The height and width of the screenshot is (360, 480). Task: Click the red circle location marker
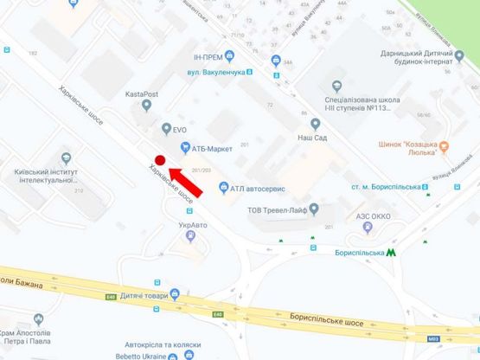pyautogui.click(x=159, y=159)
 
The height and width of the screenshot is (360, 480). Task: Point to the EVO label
pyautogui.click(x=179, y=129)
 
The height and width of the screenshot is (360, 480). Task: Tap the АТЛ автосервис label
pyautogui.click(x=258, y=187)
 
